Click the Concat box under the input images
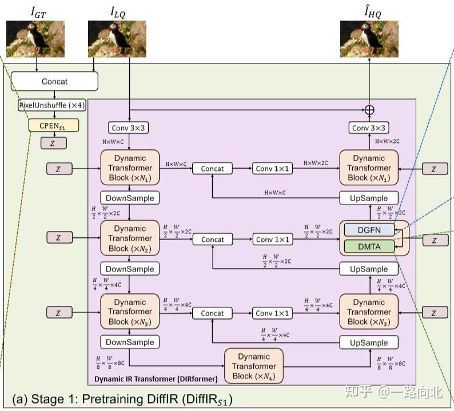[x=54, y=81]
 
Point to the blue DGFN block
[x=369, y=230]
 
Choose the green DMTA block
[x=369, y=246]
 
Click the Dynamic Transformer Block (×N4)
[x=254, y=366]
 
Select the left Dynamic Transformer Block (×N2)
[x=130, y=238]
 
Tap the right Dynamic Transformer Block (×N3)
[x=369, y=312]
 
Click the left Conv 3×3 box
[x=130, y=127]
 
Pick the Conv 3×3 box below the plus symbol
[x=369, y=127]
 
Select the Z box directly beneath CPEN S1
[x=53, y=143]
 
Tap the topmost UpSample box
[x=369, y=198]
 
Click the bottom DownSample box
[x=130, y=342]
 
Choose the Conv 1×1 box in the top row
[x=272, y=168]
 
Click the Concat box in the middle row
[x=212, y=240]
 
